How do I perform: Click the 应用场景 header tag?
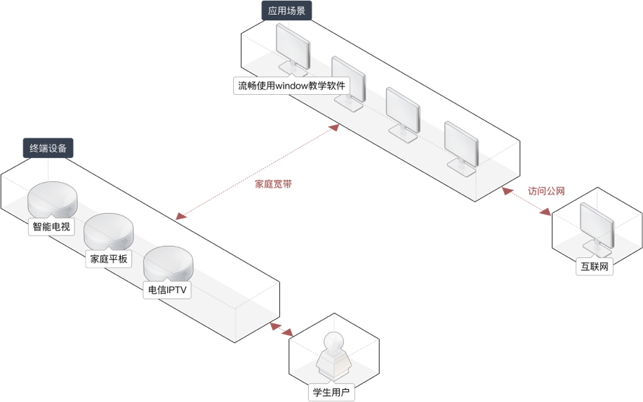[x=286, y=11]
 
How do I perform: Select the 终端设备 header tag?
[x=48, y=148]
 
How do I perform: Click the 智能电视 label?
[x=51, y=227]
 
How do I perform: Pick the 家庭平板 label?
[x=109, y=259]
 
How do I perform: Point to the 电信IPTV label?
[x=167, y=290]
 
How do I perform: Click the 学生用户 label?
[x=332, y=392]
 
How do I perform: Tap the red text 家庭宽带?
[x=273, y=185]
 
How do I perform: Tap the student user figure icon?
[x=333, y=356]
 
